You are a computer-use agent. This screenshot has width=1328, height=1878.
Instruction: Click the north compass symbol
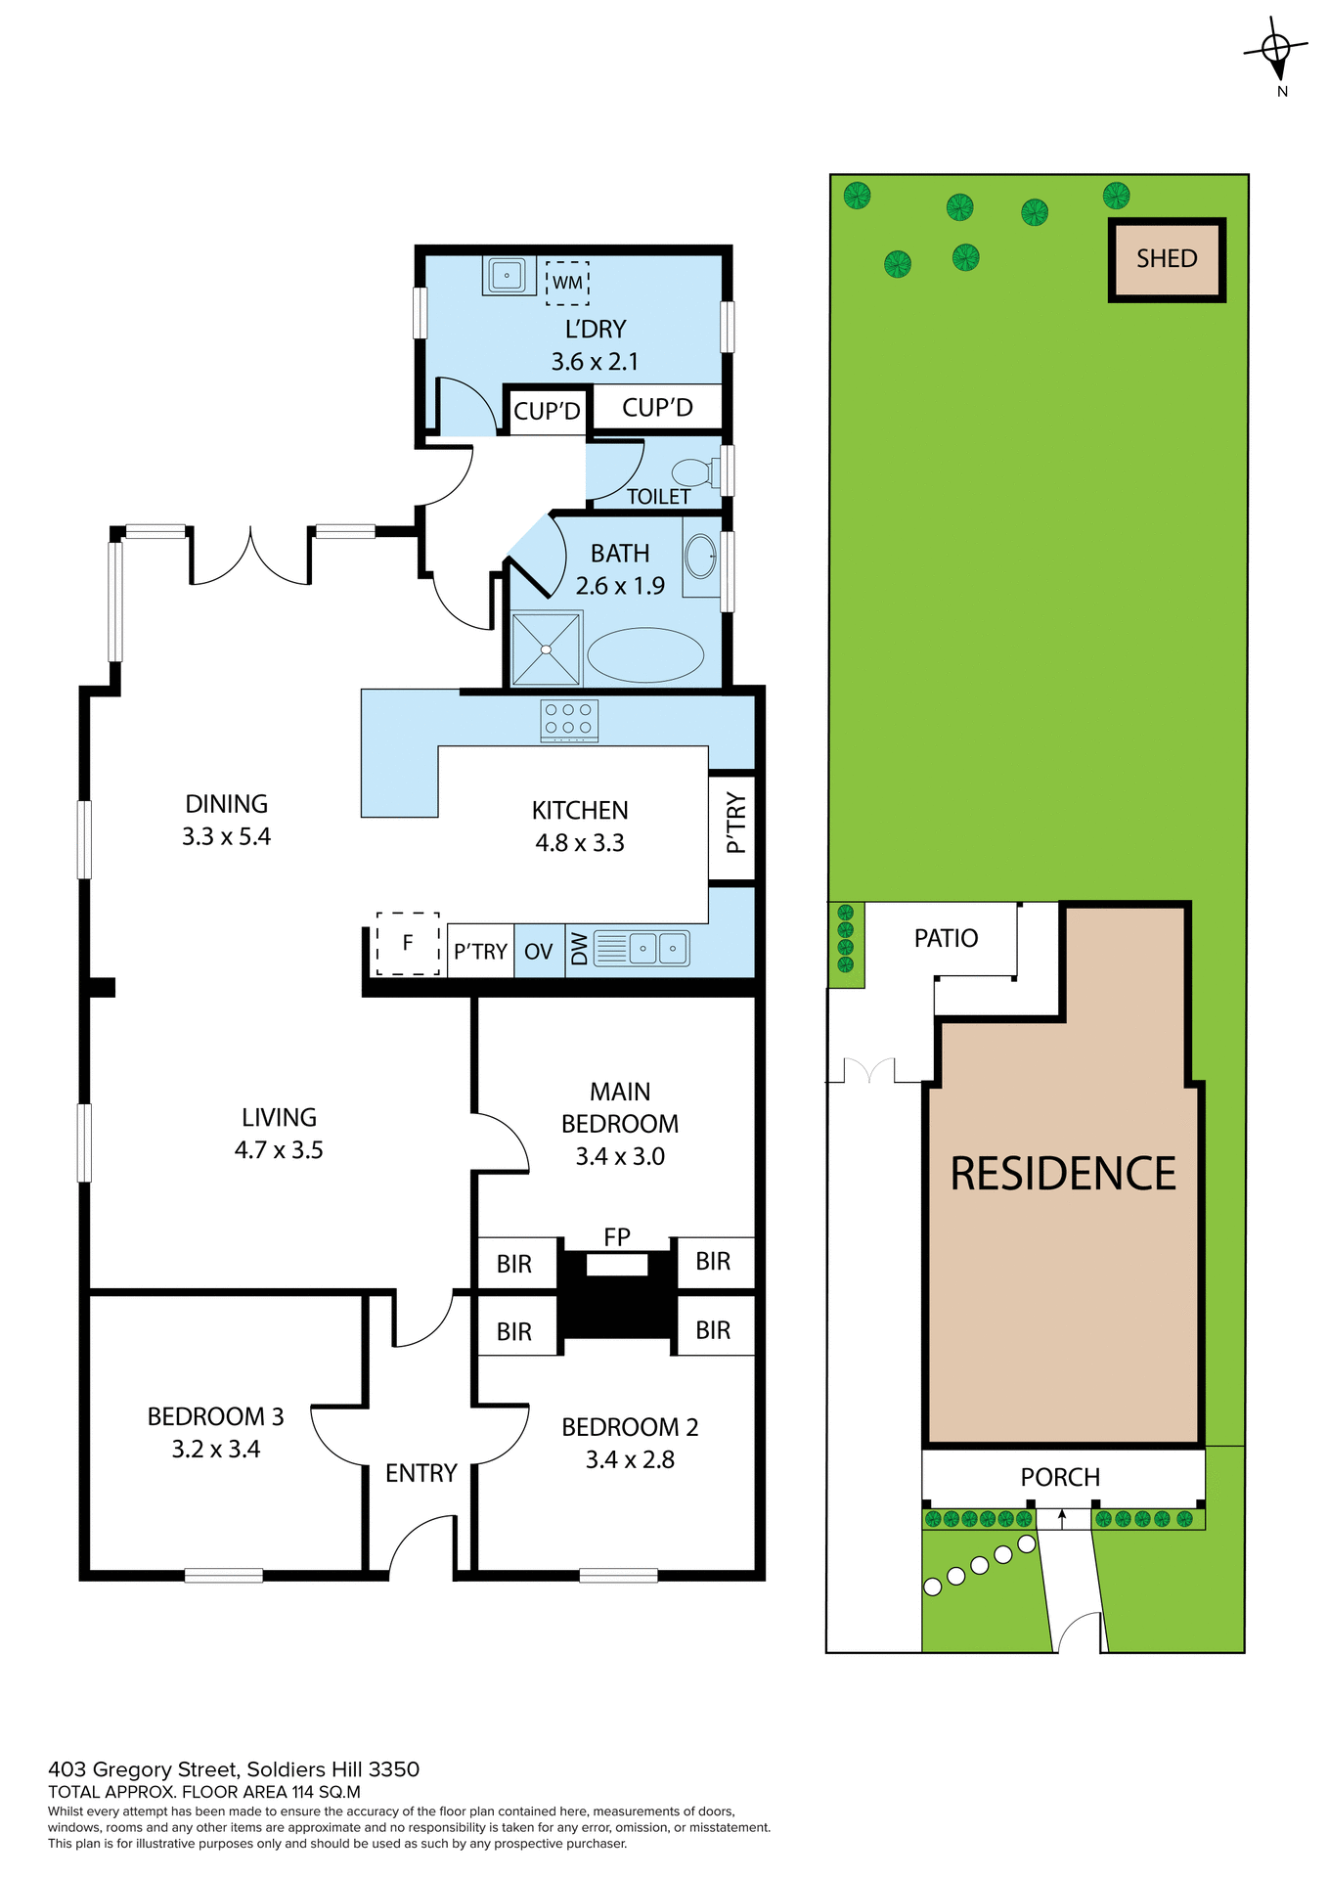[x=1276, y=49]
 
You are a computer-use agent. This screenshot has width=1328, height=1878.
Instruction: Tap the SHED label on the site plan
[x=1167, y=259]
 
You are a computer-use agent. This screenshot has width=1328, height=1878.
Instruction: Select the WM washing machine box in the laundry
[x=567, y=283]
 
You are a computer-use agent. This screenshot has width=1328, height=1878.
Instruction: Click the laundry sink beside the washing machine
[x=507, y=276]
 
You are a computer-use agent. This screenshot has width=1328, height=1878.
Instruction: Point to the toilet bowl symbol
[x=695, y=473]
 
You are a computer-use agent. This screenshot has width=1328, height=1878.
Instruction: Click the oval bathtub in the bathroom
[x=645, y=655]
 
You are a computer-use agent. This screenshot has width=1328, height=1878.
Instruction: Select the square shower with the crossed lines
[x=546, y=649]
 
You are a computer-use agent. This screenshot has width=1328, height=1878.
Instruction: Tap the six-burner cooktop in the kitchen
[x=569, y=720]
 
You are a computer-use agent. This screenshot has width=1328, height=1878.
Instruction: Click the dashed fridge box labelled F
[x=408, y=943]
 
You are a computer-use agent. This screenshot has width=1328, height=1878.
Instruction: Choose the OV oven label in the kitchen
[x=539, y=952]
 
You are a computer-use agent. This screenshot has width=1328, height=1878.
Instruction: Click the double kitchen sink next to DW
[x=657, y=949]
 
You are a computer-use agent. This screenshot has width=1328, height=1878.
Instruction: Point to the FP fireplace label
[x=617, y=1236]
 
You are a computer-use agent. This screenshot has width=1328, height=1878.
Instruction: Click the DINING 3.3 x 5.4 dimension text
[x=226, y=836]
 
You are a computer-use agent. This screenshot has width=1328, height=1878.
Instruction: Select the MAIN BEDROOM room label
[x=620, y=1107]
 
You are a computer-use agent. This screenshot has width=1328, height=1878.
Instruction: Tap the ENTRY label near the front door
[x=421, y=1473]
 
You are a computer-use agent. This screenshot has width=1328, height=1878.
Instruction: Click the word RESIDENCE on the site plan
[x=1063, y=1174]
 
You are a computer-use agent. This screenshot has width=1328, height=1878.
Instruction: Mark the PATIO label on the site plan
[x=946, y=938]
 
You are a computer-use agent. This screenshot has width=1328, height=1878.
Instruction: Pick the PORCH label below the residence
[x=1060, y=1477]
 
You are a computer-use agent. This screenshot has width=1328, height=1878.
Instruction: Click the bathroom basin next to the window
[x=700, y=557]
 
